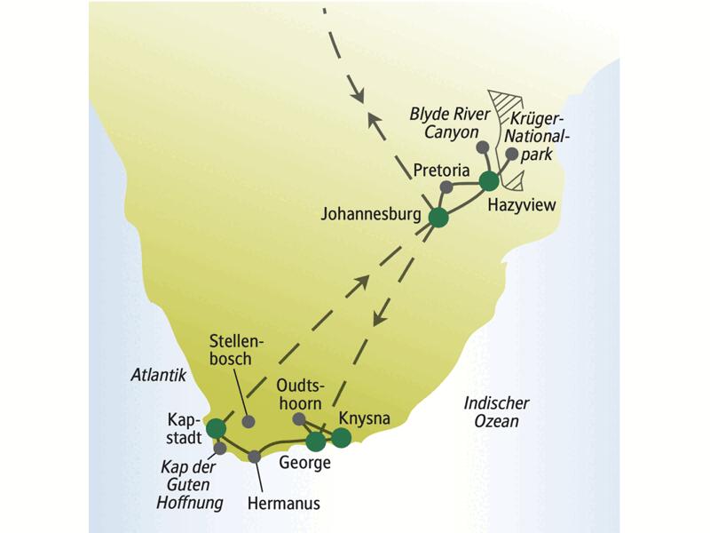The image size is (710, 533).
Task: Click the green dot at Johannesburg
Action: [x=438, y=218]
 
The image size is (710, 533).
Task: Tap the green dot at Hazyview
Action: [x=488, y=181]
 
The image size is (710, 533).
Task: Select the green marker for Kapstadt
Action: [x=216, y=430]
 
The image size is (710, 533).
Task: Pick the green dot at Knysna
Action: [x=341, y=437]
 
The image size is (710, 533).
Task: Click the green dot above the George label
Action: [x=315, y=441]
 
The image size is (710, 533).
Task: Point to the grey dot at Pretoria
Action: [x=447, y=187]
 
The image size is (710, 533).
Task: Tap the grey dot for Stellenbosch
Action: [x=248, y=420]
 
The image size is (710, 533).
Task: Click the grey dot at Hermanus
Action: [x=256, y=457]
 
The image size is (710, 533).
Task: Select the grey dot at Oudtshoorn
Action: [x=299, y=418]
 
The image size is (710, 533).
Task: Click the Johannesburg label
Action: [x=375, y=214]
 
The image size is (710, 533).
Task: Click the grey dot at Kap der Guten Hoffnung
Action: [x=220, y=449]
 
